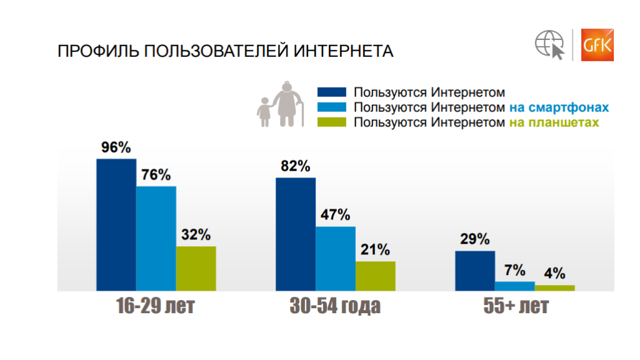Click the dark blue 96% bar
[x=116, y=225]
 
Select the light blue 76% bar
[x=156, y=239]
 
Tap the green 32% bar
[x=196, y=269]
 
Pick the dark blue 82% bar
[x=296, y=234]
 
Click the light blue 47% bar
[x=336, y=259]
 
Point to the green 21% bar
[x=376, y=276]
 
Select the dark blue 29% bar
[x=475, y=271]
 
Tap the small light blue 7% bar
[x=515, y=286]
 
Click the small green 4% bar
[x=554, y=288]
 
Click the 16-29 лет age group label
[x=156, y=307]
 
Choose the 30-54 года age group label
[x=336, y=307]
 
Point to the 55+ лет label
[x=516, y=307]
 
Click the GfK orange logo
[x=597, y=45]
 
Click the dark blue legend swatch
[x=332, y=92]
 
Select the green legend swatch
[x=332, y=122]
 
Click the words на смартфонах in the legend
[x=559, y=107]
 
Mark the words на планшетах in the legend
[x=554, y=122]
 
